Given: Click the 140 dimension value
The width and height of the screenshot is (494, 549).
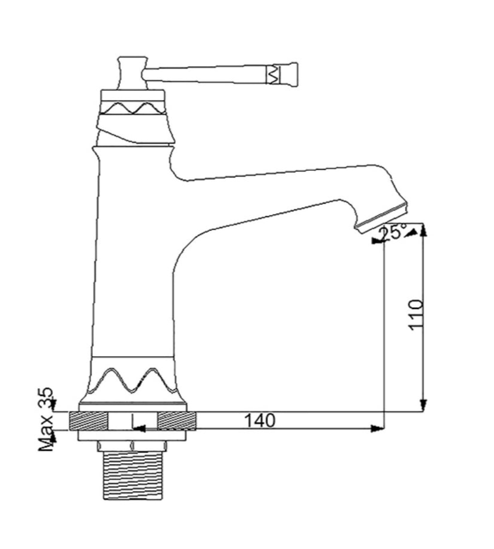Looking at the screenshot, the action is pos(260,420).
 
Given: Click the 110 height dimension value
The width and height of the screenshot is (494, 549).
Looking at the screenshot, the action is pos(416,314).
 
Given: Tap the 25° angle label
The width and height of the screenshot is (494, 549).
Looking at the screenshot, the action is pos(393,232).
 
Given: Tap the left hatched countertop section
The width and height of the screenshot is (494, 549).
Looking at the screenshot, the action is pos(88,421).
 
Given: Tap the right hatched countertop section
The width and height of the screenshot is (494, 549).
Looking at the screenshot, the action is pos(176,421).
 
